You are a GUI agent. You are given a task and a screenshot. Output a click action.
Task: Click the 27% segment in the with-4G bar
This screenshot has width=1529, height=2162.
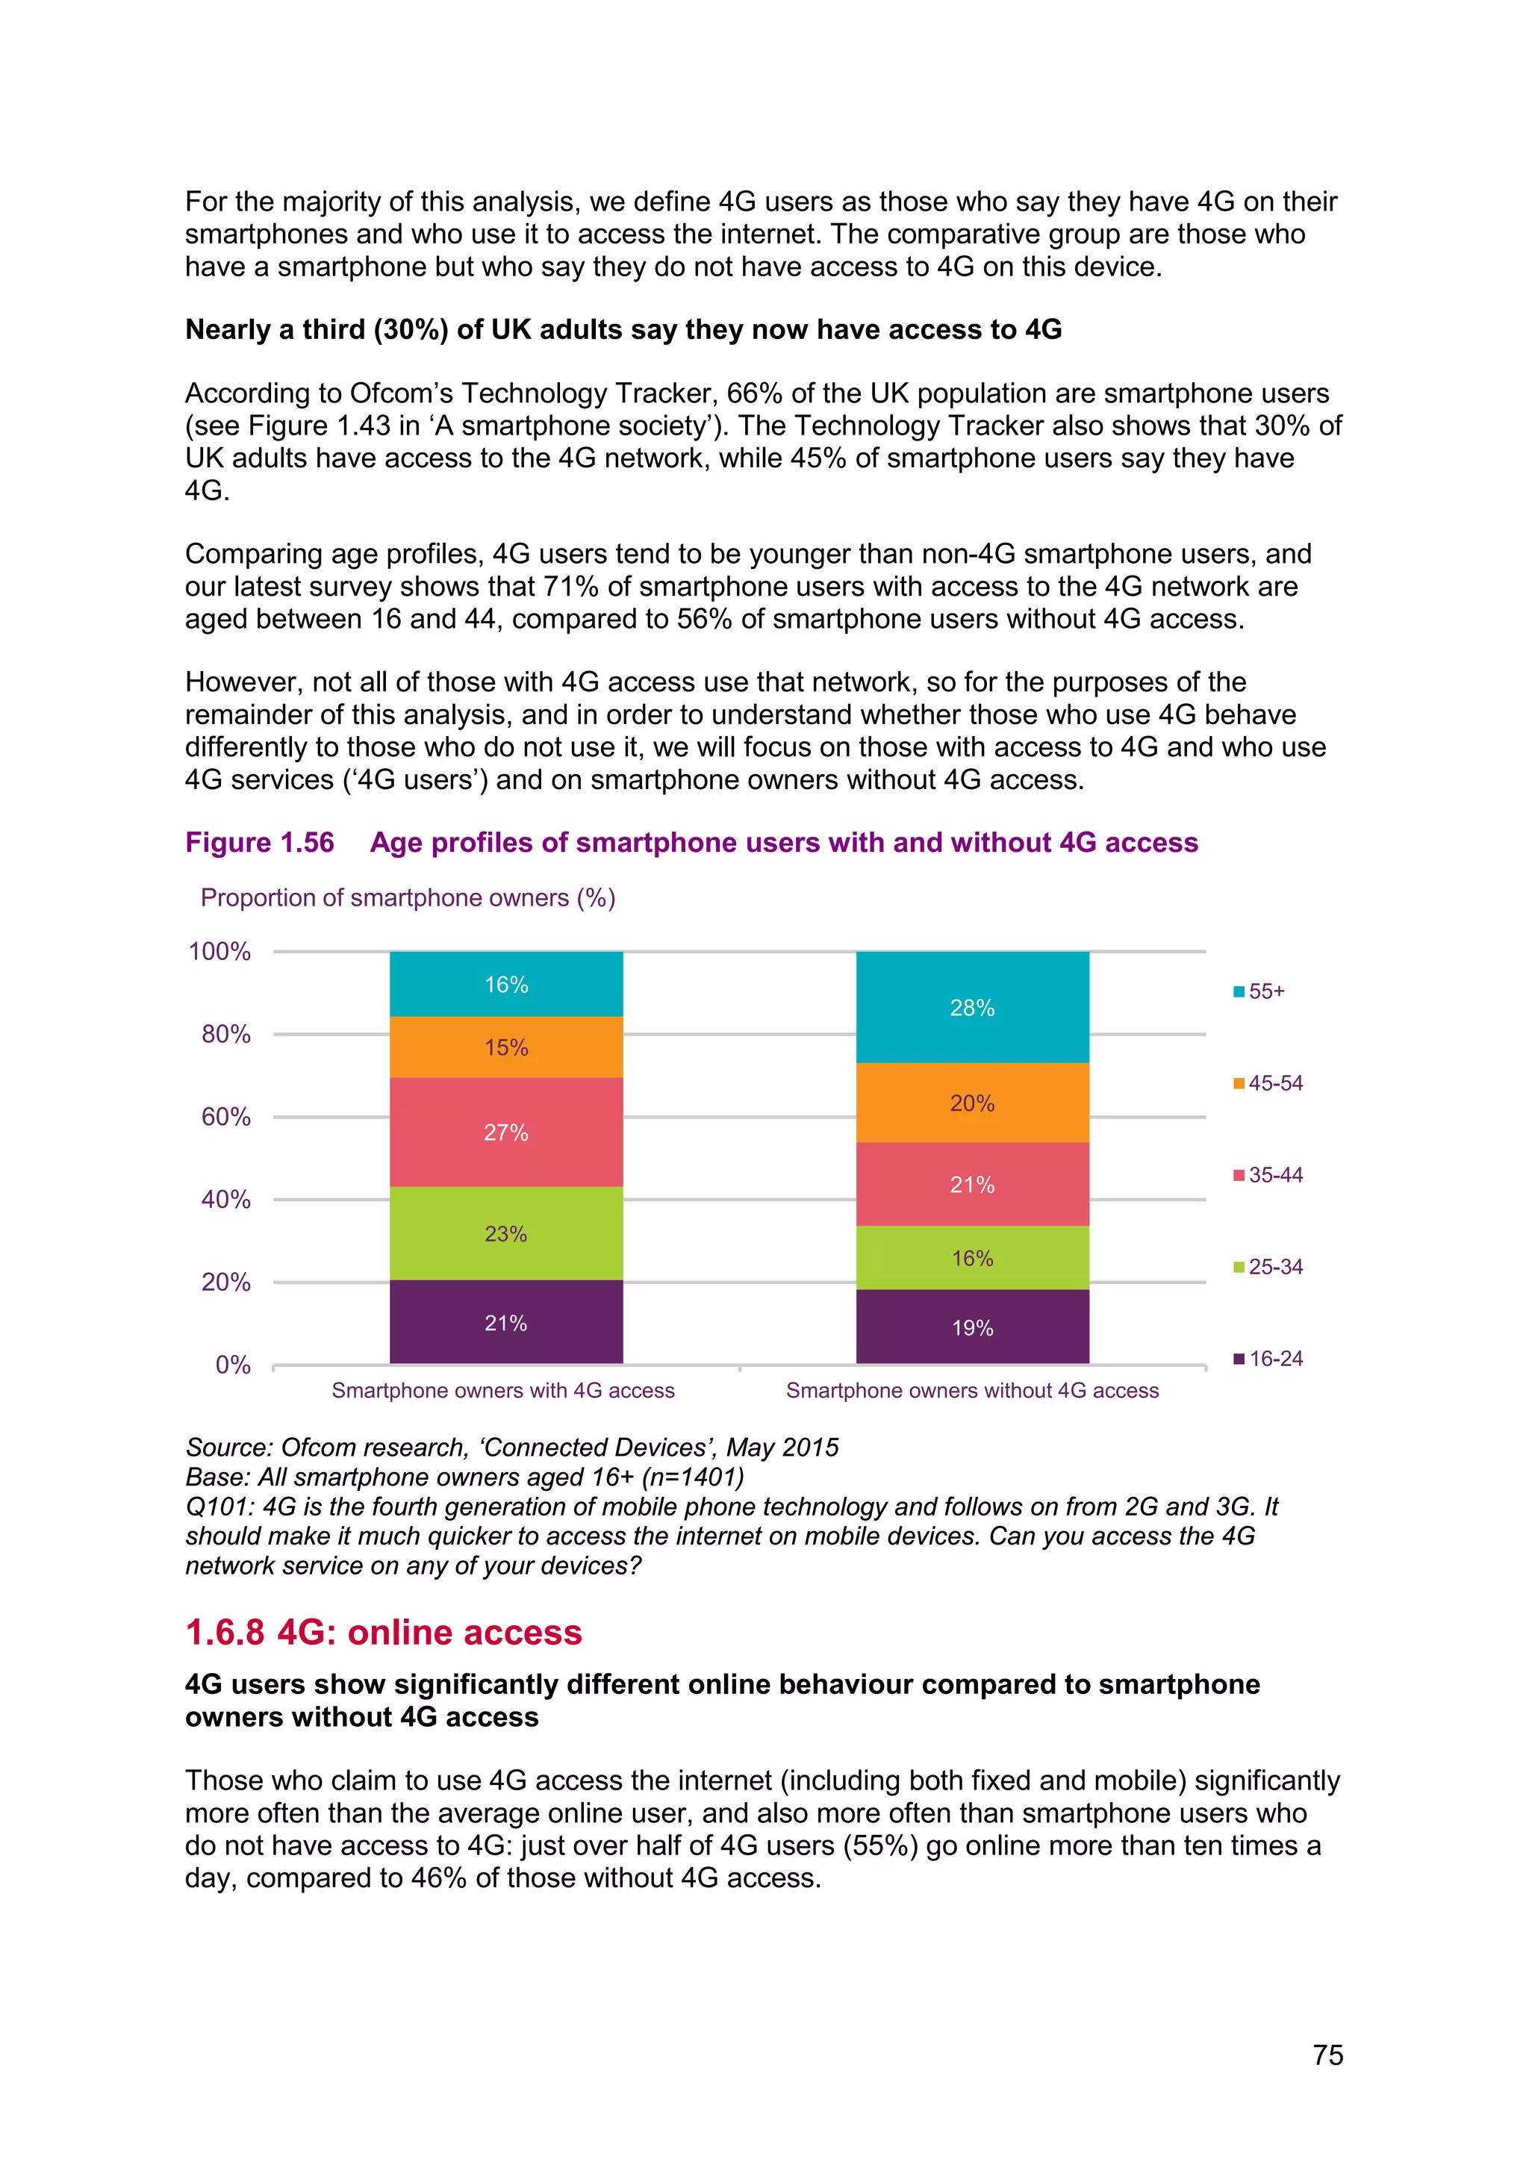[x=505, y=1132]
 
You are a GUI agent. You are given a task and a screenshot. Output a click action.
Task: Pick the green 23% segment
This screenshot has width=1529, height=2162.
[x=505, y=1233]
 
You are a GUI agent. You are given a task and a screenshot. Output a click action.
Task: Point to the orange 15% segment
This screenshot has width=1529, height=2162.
[x=505, y=1047]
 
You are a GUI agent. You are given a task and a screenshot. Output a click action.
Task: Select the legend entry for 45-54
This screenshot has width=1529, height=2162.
[x=1268, y=1083]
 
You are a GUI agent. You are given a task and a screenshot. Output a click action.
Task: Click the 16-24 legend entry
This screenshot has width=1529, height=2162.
[x=1268, y=1359]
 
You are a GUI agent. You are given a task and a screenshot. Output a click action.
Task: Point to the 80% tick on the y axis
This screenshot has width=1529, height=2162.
[x=226, y=1034]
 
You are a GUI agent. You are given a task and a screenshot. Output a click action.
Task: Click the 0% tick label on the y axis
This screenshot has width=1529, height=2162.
[x=232, y=1365]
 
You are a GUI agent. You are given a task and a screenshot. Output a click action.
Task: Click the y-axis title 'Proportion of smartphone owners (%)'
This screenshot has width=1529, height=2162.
[x=408, y=897]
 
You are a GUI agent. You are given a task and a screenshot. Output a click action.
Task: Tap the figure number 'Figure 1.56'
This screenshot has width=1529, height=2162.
[x=259, y=842]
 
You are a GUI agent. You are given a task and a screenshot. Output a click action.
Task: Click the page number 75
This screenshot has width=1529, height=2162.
[x=1327, y=2054]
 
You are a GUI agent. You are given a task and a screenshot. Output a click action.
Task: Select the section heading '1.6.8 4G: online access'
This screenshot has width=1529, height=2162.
[x=383, y=1632]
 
